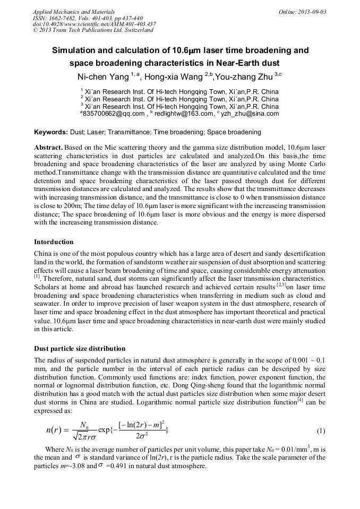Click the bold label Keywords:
pyautogui.click(x=50, y=132)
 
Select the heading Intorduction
pyautogui.click(x=54, y=242)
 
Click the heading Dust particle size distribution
pyautogui.click(x=80, y=349)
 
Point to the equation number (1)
pyautogui.click(x=321, y=430)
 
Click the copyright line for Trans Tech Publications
pyautogui.click(x=93, y=30)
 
